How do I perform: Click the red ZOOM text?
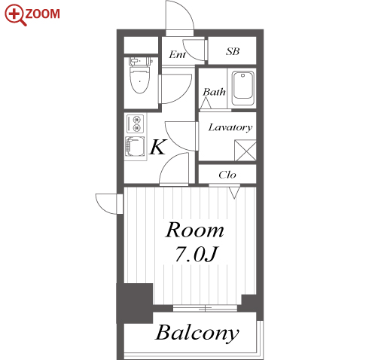click(x=42, y=14)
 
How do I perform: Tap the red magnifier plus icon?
click(x=14, y=14)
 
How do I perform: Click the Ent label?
click(x=177, y=54)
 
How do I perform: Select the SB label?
click(x=233, y=51)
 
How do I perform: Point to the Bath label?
click(x=214, y=92)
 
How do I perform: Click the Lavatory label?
click(x=230, y=127)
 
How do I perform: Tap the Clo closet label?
click(x=227, y=175)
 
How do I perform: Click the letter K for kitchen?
click(x=158, y=147)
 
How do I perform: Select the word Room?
click(x=195, y=230)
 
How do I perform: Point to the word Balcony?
click(x=197, y=333)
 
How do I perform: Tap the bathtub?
click(x=242, y=88)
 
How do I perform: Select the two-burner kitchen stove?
click(x=136, y=124)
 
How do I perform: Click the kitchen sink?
click(x=135, y=147)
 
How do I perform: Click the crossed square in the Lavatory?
click(x=245, y=151)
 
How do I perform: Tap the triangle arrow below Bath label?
click(x=206, y=103)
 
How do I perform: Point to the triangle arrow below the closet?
click(x=234, y=193)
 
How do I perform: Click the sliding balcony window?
click(x=205, y=308)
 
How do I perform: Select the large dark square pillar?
click(x=135, y=304)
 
